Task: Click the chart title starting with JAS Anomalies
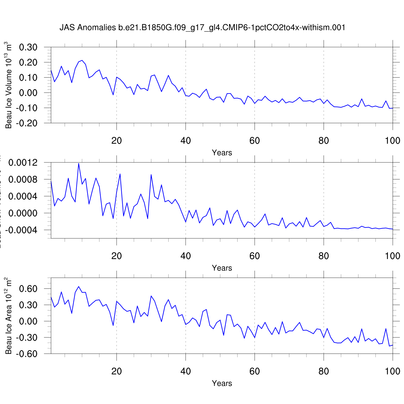click(202, 27)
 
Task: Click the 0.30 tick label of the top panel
click(28, 47)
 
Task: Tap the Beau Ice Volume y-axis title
click(9, 85)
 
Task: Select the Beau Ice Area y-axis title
click(9, 316)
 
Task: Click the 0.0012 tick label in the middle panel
click(23, 163)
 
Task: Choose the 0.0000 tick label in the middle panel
click(23, 213)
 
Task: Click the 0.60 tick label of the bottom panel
click(28, 289)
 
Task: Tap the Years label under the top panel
click(222, 153)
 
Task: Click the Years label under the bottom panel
click(222, 383)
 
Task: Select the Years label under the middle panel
click(222, 268)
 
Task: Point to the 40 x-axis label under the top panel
click(186, 141)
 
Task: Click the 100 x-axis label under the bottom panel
click(392, 371)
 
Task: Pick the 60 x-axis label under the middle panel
click(255, 256)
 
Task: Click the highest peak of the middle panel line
click(79, 163)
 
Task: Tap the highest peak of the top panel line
click(82, 60)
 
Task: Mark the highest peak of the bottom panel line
click(79, 287)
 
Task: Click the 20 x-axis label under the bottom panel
click(117, 371)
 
